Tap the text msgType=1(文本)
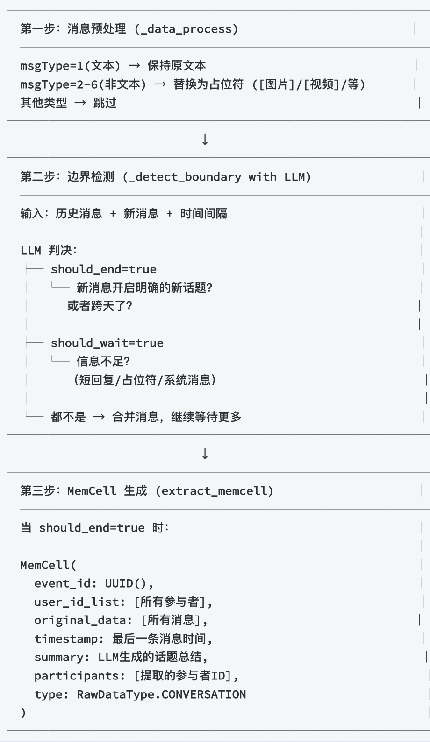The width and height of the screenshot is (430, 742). click(70, 66)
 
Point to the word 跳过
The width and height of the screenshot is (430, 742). click(105, 103)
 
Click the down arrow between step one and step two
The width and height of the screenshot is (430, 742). click(205, 139)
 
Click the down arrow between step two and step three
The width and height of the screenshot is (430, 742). click(205, 453)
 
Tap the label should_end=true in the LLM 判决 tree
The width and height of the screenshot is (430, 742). click(104, 269)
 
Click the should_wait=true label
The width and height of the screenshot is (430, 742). click(107, 343)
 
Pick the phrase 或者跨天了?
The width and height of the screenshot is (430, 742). click(100, 306)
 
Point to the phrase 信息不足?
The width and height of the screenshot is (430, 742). click(103, 361)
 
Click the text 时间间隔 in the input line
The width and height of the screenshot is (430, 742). click(204, 214)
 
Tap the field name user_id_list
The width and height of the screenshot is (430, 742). click(76, 602)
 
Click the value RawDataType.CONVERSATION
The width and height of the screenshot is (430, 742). click(161, 694)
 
